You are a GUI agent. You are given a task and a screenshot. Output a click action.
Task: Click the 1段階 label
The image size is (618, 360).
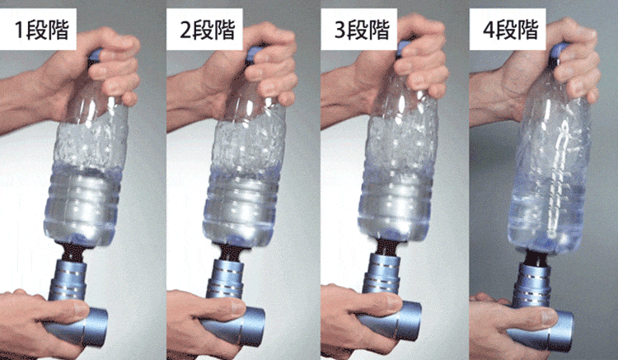[41, 30]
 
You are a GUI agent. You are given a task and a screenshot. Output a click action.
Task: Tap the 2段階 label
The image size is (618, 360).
[208, 30]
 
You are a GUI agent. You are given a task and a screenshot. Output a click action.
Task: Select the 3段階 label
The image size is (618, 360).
[362, 30]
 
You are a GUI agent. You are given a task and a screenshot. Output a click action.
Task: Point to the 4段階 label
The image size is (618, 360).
[511, 30]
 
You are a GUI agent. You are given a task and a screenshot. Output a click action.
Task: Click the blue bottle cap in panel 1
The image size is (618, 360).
[95, 55]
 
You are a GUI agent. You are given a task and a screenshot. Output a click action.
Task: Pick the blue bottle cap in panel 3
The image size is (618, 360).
[403, 48]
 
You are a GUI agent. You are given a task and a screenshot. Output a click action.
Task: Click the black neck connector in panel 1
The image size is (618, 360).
[73, 252]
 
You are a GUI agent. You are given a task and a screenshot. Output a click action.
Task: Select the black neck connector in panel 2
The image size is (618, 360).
[230, 252]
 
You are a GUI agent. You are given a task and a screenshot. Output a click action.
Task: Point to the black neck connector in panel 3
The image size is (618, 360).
[387, 246]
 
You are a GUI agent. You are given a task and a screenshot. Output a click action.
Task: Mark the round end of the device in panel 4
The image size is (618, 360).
[562, 330]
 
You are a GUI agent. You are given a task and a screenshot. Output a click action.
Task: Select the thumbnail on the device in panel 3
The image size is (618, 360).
[394, 302]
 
